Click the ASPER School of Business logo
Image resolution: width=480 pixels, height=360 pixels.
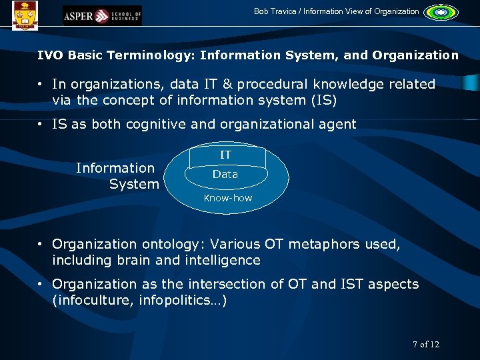click(x=102, y=15)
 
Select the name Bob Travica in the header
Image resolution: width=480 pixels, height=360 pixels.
click(x=276, y=11)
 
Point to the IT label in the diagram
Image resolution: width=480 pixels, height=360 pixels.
click(x=226, y=155)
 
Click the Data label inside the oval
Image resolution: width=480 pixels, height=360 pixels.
click(x=225, y=174)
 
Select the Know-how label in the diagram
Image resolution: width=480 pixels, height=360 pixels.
click(x=228, y=198)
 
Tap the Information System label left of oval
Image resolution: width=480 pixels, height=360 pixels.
click(x=117, y=176)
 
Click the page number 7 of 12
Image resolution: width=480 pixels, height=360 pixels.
click(x=426, y=344)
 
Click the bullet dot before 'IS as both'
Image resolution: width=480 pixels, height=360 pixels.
click(x=41, y=124)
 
